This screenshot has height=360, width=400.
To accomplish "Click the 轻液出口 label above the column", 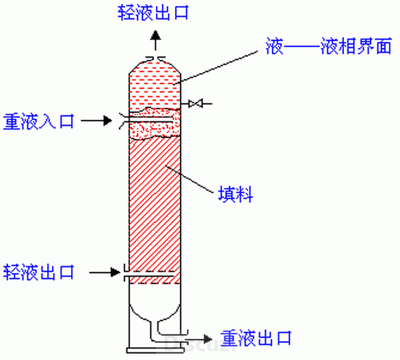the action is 153,12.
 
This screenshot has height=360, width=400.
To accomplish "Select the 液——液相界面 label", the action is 329,47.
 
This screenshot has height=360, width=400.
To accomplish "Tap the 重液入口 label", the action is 38,121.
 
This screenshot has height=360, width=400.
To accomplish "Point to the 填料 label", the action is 236,194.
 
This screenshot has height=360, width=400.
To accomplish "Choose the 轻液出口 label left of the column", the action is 38,272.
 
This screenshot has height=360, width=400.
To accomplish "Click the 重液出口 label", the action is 256,338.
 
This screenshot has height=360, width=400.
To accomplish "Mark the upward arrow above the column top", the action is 155,40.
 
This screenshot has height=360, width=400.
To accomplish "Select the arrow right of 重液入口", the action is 96,120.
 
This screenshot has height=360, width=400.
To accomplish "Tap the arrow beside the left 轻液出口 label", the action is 105,272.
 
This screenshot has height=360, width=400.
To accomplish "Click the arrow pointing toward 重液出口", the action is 198,339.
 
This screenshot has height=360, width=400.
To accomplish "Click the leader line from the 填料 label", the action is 190,179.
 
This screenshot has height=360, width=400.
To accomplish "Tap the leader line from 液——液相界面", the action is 216,67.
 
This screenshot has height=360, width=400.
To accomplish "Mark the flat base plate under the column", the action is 155,350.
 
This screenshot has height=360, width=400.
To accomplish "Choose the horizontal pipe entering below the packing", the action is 149,277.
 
